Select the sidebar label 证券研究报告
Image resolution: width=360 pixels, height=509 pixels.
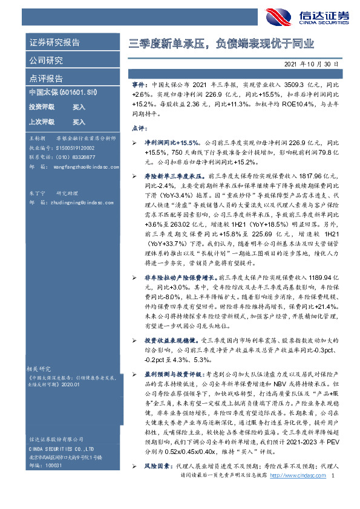54,43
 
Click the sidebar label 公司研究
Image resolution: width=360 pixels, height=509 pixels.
46,60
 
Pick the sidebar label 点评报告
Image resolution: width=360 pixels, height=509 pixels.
46,79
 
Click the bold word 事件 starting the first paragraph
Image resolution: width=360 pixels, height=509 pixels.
139,86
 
